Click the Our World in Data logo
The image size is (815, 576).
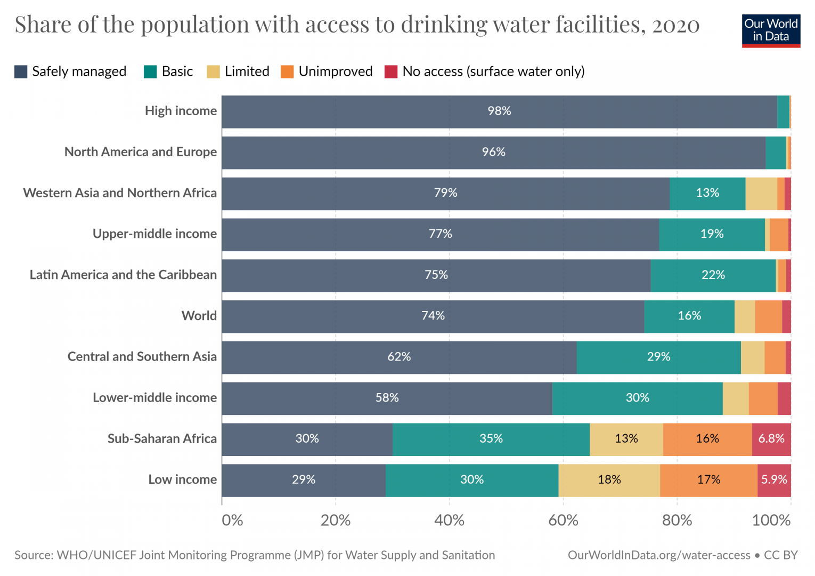click(x=771, y=30)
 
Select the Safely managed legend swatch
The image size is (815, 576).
click(x=21, y=71)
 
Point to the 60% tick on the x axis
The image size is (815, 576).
click(x=563, y=519)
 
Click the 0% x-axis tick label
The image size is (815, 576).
click(x=232, y=519)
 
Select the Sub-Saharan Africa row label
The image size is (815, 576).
click(x=162, y=438)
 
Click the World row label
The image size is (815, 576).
click(x=199, y=316)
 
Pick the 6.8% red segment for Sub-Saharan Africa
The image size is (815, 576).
click(x=771, y=438)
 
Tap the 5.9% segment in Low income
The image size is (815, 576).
click(x=774, y=479)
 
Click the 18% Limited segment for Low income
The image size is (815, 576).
click(x=609, y=479)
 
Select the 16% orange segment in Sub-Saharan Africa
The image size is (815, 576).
click(x=707, y=438)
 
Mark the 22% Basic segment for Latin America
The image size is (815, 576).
click(x=713, y=275)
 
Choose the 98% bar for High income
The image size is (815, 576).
click(x=499, y=111)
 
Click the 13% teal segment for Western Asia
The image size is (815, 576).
click(x=707, y=193)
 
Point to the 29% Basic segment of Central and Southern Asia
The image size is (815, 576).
click(x=658, y=357)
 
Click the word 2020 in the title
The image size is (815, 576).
click(x=675, y=25)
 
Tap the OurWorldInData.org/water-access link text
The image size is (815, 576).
click(x=659, y=555)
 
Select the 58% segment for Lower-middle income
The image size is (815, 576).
click(x=387, y=398)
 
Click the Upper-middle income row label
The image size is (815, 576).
click(x=154, y=234)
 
